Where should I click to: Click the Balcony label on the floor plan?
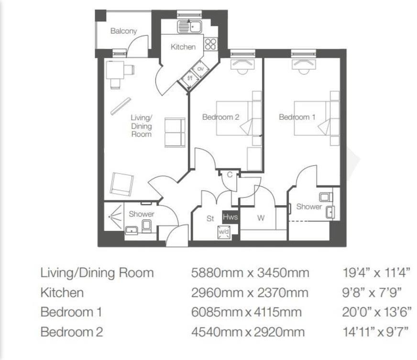pos(123,31)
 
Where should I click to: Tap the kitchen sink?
pos(190,26)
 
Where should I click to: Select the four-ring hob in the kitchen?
pos(210,44)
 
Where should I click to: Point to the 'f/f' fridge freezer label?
pos(190,78)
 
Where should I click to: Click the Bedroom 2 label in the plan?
pos(220,117)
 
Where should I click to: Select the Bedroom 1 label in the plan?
pos(297,117)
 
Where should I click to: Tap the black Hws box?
pos(230,217)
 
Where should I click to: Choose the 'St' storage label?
pos(210,218)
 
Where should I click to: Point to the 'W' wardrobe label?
pos(261,218)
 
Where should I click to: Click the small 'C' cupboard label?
pos(230,175)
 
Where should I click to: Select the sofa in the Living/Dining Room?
pos(175,132)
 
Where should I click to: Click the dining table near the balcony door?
pos(115,71)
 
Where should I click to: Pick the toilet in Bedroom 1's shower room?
pos(325,196)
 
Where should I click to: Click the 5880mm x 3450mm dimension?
pos(250,273)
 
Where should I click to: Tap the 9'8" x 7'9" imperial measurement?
pos(372,293)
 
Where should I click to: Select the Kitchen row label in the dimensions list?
pos(62,293)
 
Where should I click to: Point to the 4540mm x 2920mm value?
pos(248,332)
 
